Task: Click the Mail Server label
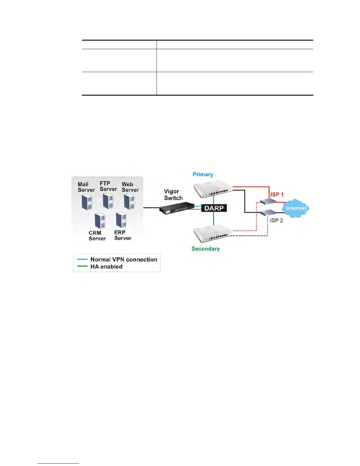tap(86, 187)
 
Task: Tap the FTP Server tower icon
tap(108, 201)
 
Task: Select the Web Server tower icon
tap(129, 202)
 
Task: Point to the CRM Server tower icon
tap(100, 221)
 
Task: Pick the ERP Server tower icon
tap(121, 220)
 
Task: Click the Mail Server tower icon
tap(87, 202)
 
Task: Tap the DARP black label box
tap(214, 208)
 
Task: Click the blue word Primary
tap(203, 174)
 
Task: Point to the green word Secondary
tap(206, 249)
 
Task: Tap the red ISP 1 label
tap(277, 194)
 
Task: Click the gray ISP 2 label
tap(276, 220)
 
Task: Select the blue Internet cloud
tap(296, 208)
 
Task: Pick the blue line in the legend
tap(82, 259)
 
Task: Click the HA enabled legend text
tap(106, 267)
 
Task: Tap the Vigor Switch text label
tap(173, 195)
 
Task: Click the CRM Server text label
tap(97, 236)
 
